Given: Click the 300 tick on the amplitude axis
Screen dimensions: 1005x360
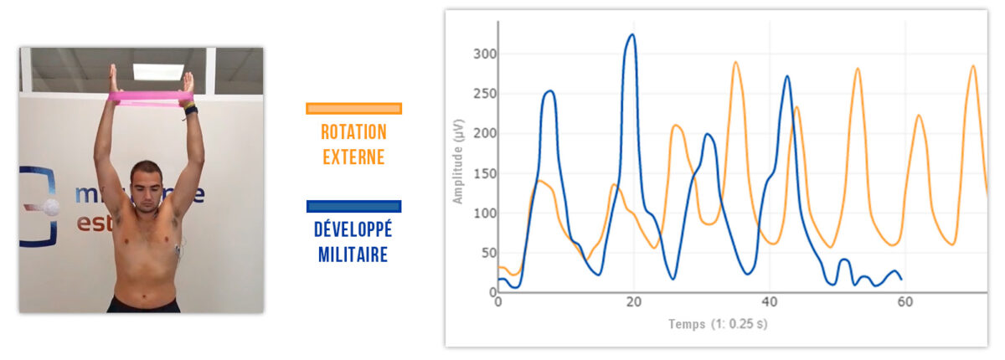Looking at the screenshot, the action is click(485, 54).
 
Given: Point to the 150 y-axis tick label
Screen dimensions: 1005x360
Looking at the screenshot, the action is click(485, 173).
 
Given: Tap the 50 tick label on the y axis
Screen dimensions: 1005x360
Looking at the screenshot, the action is click(489, 254).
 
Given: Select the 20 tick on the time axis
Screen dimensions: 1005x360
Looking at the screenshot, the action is click(633, 302).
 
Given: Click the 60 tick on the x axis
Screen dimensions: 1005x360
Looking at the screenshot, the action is click(905, 302).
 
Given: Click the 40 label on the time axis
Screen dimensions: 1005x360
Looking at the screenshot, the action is click(770, 302).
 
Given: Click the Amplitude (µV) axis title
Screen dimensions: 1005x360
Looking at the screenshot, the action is click(457, 162).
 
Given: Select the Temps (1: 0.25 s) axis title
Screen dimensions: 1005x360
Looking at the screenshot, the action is click(718, 324).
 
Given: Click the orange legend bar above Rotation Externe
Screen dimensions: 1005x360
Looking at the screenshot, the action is click(353, 109).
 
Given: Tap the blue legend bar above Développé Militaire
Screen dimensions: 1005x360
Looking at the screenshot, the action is click(353, 206).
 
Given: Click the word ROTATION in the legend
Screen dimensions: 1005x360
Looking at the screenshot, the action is click(353, 132).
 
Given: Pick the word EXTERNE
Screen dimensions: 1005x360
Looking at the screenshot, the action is click(353, 157).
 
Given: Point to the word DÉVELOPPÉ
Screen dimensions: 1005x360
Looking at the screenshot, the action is click(353, 229).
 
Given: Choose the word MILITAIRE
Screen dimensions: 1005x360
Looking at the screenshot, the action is click(353, 255).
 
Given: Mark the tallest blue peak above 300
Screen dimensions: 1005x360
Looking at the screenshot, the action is click(631, 34).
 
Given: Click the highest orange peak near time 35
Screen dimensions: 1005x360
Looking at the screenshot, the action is click(736, 62).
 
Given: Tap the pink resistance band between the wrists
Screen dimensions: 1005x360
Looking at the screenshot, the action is click(150, 99).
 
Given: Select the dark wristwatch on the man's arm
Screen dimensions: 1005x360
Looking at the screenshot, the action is click(191, 110).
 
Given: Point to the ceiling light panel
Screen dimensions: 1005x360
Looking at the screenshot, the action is click(158, 72).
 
